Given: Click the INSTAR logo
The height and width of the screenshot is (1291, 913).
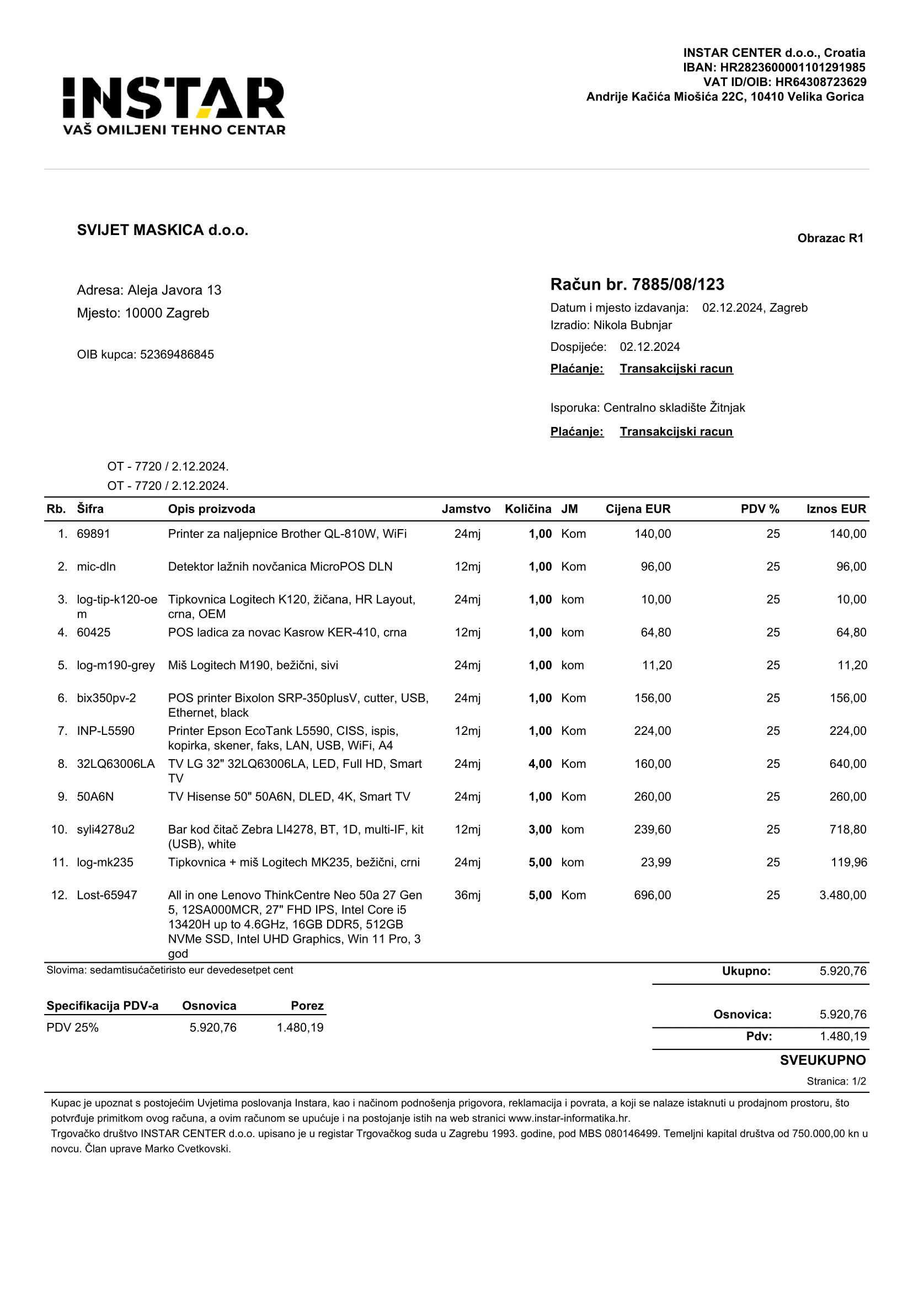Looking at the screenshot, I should [x=174, y=106].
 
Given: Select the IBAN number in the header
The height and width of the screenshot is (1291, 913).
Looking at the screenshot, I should [x=793, y=67].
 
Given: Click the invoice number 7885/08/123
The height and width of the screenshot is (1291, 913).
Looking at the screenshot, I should [x=678, y=285].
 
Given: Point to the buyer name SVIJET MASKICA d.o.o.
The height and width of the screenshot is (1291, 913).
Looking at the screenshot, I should [x=163, y=230].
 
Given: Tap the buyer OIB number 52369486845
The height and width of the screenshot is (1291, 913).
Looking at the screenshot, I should [x=177, y=355].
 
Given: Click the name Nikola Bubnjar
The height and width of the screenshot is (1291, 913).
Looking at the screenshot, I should [x=632, y=325].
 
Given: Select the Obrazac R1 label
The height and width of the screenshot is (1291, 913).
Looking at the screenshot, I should [x=830, y=238].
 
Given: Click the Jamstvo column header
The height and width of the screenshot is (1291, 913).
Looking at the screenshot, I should [x=466, y=509].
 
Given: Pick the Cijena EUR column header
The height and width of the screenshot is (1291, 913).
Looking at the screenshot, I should [x=638, y=509].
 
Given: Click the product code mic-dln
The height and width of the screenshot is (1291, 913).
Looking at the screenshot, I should [x=96, y=567].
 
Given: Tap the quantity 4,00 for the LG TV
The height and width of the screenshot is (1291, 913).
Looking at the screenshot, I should [x=540, y=764].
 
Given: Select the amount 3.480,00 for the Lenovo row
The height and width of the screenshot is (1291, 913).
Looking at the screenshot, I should [x=843, y=895].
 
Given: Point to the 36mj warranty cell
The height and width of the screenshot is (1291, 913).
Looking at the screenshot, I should [x=467, y=895].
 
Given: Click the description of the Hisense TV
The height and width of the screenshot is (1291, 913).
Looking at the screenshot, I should [x=289, y=797].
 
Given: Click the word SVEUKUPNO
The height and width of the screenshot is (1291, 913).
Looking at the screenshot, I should [x=823, y=1060].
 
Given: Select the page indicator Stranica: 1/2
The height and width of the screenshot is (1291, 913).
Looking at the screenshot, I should [x=836, y=1081].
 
